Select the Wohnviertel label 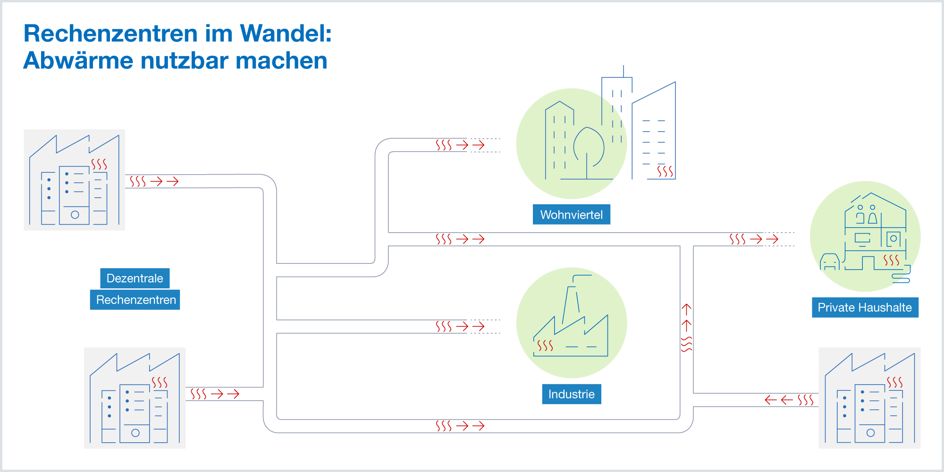coord(571,215)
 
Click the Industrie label coord(571,394)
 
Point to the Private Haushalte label coord(865,308)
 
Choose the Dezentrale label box coord(135,278)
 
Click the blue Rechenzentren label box coord(135,300)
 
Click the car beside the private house coord(829,261)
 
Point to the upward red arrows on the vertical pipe coord(686,317)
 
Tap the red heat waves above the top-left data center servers coord(99,164)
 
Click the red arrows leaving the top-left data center coord(164,181)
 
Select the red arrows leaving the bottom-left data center coord(225,394)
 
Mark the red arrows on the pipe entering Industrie coord(470,326)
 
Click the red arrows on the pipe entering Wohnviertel coord(470,145)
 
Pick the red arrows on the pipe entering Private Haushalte coord(764,239)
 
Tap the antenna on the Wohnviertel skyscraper coord(624,71)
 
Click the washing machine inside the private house coord(893,239)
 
